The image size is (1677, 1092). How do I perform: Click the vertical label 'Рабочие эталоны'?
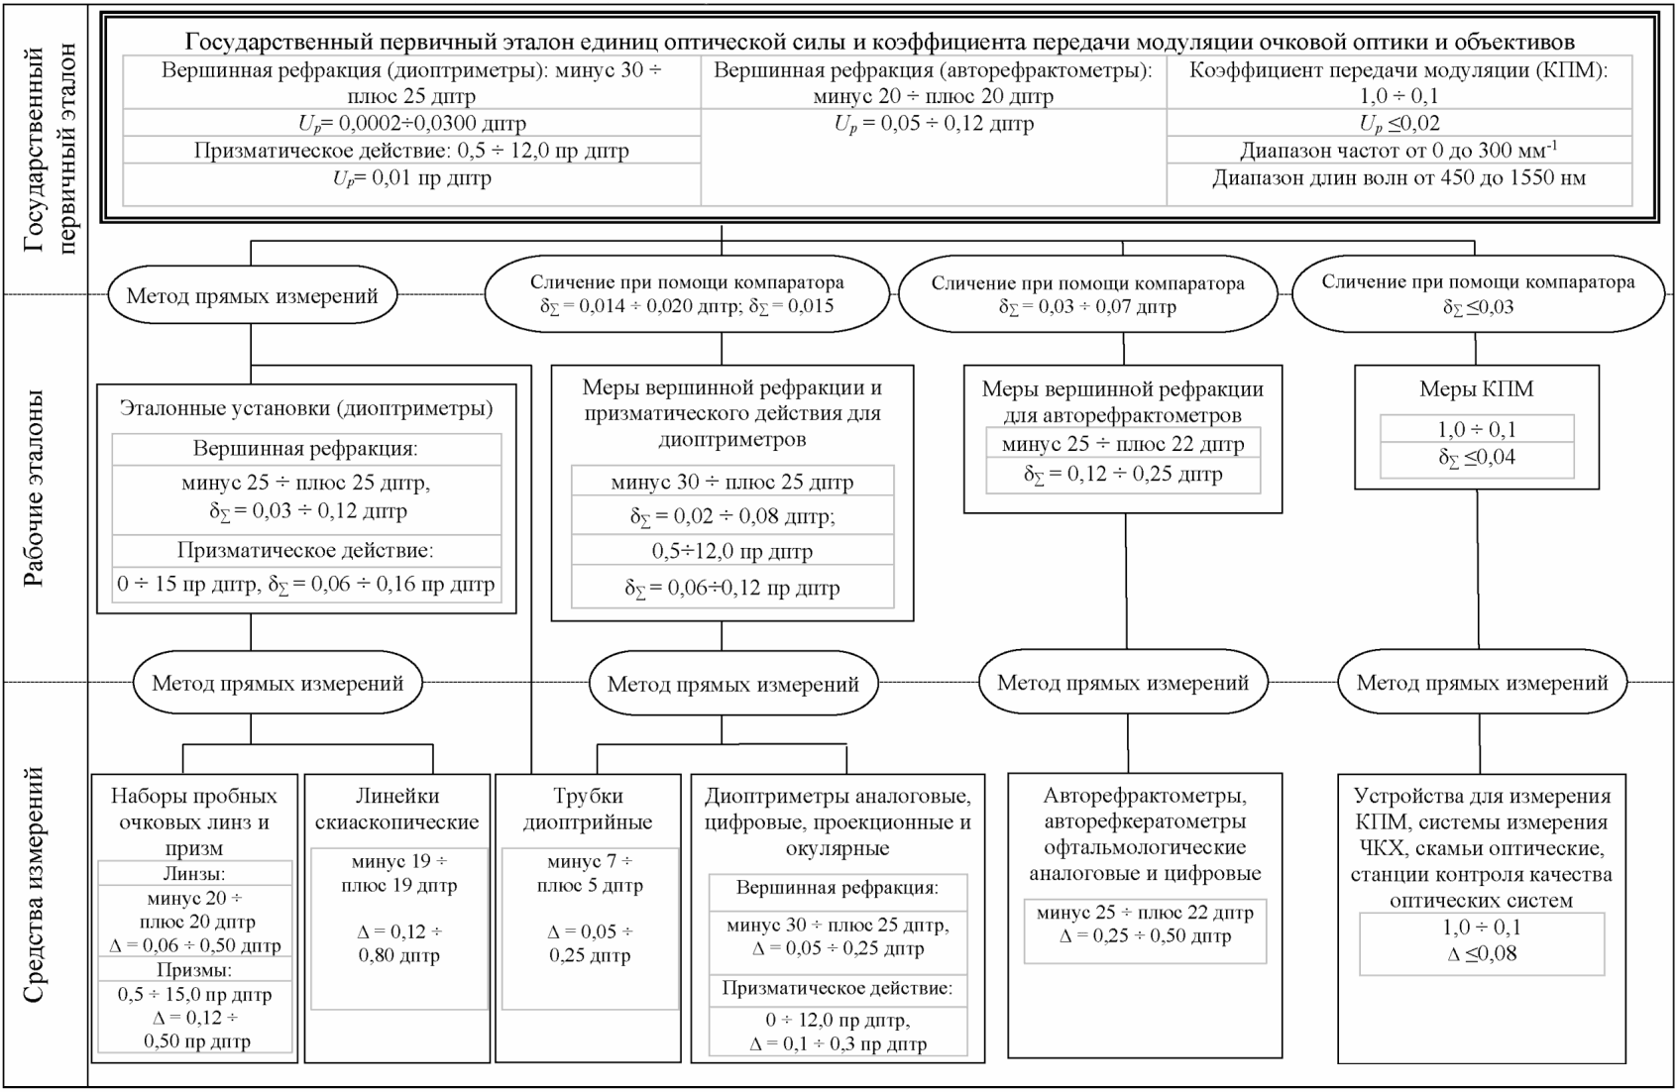point(33,488)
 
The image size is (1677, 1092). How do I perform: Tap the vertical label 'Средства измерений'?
point(33,884)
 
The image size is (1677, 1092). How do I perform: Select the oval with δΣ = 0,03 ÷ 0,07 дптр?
point(1088,294)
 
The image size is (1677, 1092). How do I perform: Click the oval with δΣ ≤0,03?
point(1479,293)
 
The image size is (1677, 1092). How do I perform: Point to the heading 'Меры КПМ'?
point(1477,389)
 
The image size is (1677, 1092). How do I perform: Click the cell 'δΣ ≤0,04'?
point(1477,457)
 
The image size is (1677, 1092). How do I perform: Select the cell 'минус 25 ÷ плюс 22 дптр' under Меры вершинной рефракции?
point(1123,444)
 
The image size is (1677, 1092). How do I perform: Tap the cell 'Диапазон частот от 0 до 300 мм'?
point(1398,151)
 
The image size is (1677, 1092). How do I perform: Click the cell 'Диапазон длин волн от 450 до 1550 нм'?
point(1398,178)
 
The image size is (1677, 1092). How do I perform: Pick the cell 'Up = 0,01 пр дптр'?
point(411,178)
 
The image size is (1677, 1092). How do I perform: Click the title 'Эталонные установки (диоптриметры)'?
point(306,408)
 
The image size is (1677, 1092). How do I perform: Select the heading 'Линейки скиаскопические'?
point(396,809)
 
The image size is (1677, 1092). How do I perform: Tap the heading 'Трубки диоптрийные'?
point(588,809)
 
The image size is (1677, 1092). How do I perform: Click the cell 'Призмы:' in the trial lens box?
point(194,970)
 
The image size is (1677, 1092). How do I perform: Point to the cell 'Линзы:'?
point(194,873)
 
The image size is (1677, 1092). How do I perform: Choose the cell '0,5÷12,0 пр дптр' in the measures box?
point(732,552)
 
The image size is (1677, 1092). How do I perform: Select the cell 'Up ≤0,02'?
point(1398,123)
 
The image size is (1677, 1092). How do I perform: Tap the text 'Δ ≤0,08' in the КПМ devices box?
point(1482,953)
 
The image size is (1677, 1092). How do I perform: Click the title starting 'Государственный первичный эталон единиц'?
point(880,42)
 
